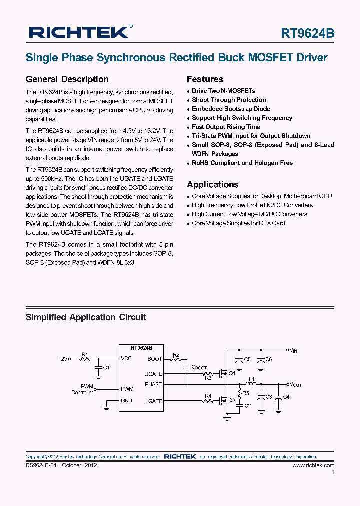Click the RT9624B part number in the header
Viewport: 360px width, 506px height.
(x=308, y=33)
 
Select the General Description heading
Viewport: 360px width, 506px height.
(x=67, y=79)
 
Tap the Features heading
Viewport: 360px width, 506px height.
(x=205, y=79)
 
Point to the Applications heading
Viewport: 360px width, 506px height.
(x=212, y=184)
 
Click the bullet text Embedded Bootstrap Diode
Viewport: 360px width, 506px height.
(x=231, y=109)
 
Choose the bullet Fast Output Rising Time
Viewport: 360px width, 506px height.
(x=226, y=127)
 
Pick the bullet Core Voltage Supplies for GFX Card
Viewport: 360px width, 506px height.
(x=238, y=223)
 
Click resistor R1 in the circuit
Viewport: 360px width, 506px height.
(x=85, y=358)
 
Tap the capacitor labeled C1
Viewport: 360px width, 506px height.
(x=98, y=368)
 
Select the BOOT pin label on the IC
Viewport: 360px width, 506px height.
(x=155, y=359)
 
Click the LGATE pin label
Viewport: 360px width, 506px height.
(x=153, y=401)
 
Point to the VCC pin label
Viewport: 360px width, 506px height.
(x=126, y=359)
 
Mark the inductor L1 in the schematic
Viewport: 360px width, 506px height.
(x=252, y=384)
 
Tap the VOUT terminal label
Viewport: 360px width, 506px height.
(x=295, y=384)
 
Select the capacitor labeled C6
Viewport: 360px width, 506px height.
(x=261, y=360)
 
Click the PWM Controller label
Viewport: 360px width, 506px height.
(x=82, y=389)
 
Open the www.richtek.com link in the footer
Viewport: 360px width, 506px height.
(x=313, y=465)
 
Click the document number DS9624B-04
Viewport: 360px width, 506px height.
(x=42, y=465)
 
